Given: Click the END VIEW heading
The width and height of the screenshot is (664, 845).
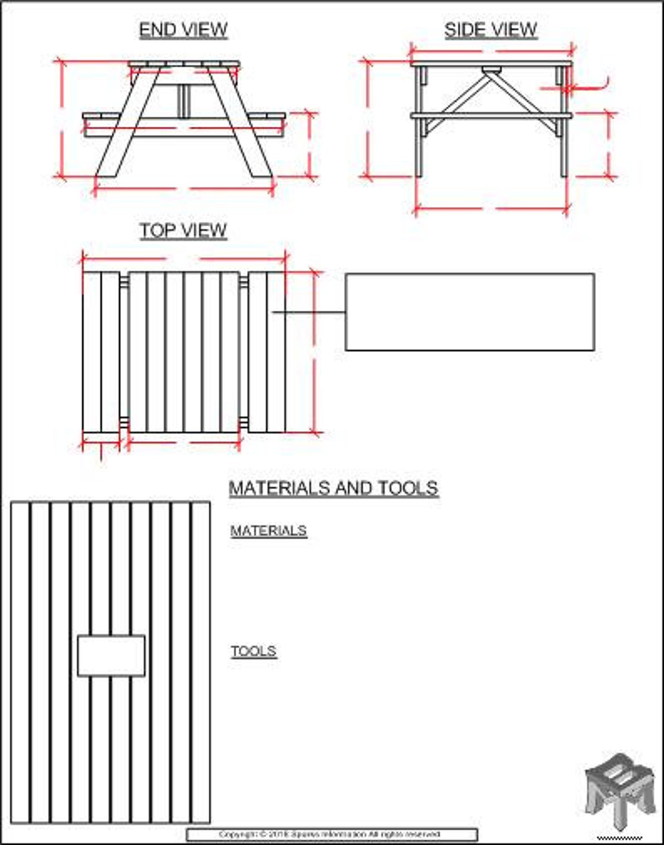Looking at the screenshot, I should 183,30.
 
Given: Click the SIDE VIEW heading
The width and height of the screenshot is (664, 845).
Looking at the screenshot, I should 490,30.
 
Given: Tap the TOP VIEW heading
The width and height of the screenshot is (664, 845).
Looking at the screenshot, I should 183,230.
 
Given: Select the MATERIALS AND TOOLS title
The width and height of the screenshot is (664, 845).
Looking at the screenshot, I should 334,488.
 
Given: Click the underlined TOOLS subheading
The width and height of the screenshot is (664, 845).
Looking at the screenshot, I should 254,651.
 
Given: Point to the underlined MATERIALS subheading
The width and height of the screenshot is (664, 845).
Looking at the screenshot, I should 268,531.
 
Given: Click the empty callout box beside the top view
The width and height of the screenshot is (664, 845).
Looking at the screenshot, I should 470,312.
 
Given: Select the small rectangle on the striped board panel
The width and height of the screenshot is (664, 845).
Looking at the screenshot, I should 111,656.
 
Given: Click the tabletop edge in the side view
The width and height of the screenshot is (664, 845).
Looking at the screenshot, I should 491,64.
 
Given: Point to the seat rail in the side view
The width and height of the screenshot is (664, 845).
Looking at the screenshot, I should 491,115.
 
